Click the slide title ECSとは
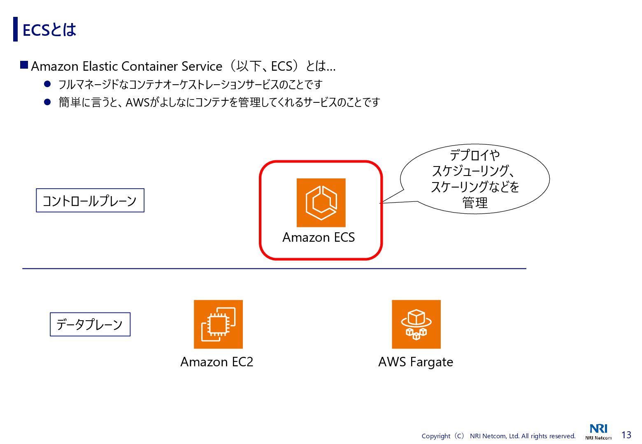tap(49, 30)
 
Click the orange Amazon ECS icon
tap(321, 203)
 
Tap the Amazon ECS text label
tap(319, 238)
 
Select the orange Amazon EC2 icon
tap(218, 324)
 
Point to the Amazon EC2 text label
tap(217, 362)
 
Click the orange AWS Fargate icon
tap(416, 324)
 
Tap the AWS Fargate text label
tap(416, 362)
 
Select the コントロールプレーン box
tap(90, 201)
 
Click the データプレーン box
tap(90, 324)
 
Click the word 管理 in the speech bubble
tap(475, 203)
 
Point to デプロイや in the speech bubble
tap(475, 155)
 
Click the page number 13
tap(626, 435)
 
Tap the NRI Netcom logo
tap(598, 431)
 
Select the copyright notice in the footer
tap(498, 436)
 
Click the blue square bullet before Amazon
tap(24, 65)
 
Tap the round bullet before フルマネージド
tap(47, 84)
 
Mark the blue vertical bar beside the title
tap(16, 29)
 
